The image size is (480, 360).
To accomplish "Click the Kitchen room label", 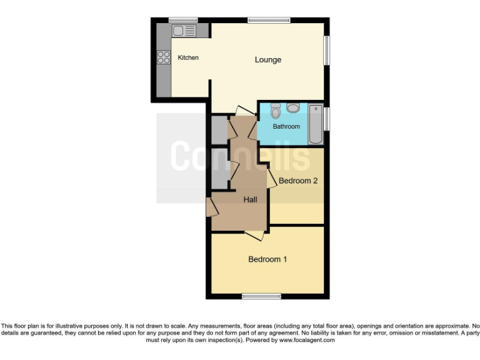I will [188, 58].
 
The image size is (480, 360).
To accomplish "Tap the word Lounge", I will [267, 60].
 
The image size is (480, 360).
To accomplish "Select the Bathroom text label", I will [286, 127].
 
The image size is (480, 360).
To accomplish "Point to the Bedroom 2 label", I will [298, 181].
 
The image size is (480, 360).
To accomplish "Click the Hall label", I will [250, 199].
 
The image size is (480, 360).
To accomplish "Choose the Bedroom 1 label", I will [267, 259].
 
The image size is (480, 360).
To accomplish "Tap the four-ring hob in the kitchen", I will [164, 57].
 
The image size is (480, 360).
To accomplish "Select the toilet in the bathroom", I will [276, 111].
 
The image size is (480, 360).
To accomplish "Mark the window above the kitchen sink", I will [183, 20].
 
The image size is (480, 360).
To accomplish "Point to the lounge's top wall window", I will [269, 20].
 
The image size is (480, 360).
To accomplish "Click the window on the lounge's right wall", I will [326, 50].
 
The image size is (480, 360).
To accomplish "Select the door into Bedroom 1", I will [254, 235].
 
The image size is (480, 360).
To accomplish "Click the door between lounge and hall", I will [238, 110].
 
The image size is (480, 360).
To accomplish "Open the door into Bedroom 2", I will [272, 179].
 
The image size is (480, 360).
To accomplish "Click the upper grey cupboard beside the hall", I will [219, 129].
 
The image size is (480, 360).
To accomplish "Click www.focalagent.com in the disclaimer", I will [306, 340].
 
